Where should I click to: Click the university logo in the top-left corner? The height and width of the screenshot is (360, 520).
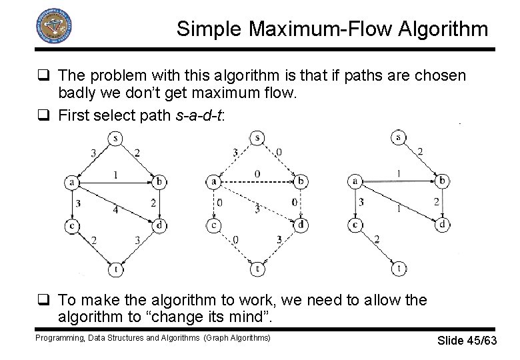coord(53,26)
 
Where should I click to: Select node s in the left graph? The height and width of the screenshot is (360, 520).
coord(116,139)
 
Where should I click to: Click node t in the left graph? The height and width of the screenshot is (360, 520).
coord(116,269)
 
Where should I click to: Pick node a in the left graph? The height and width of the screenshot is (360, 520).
coord(71,181)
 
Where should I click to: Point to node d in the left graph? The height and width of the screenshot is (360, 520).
coord(160,226)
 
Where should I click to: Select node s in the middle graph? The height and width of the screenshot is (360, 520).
coord(257,138)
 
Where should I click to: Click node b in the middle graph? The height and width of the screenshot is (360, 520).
coord(301,181)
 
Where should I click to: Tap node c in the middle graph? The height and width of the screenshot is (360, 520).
coord(213,225)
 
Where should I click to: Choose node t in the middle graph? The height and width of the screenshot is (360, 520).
coord(257,269)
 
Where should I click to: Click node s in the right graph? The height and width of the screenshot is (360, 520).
coord(398,137)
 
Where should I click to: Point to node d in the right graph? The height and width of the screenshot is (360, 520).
coord(442,225)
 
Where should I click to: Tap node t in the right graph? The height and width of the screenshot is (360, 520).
coord(398,269)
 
